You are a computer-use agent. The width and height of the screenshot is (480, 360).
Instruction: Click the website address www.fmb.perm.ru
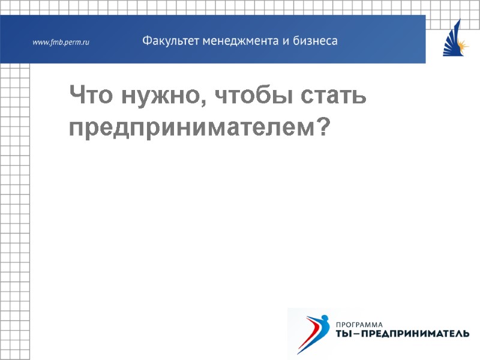point(61,42)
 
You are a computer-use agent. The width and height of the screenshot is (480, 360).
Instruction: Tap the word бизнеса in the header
point(314,41)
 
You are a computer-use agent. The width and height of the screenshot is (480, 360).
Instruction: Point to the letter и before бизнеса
point(285,42)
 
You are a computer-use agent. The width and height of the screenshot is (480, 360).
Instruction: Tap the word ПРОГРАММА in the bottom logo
point(361,325)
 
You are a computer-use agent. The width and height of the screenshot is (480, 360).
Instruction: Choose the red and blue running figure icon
point(313,331)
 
